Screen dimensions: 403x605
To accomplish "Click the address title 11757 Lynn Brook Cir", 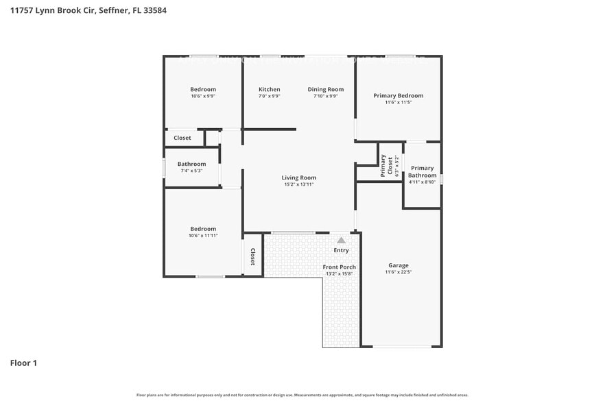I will click(x=88, y=11).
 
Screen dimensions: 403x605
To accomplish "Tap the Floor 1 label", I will click(x=23, y=363).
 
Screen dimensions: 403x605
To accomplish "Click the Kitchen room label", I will click(x=269, y=90).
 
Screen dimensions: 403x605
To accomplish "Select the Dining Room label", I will click(x=325, y=90).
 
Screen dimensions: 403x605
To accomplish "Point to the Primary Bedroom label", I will click(x=398, y=95).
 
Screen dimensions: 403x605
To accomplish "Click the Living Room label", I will click(x=300, y=178).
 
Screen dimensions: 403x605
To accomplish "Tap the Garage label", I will click(x=398, y=265).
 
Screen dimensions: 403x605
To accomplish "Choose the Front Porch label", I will click(x=339, y=267).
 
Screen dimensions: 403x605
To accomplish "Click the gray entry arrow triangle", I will click(x=341, y=240).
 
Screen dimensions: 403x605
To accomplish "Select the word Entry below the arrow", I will click(x=341, y=250).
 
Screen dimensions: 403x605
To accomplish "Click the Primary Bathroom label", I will click(x=423, y=171).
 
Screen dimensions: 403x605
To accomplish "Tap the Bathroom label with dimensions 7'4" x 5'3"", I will click(x=191, y=164).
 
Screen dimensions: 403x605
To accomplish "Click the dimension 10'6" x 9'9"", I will click(x=203, y=96).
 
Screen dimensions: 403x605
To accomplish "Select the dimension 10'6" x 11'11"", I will click(x=203, y=236).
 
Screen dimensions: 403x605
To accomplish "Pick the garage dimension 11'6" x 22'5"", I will click(x=398, y=272).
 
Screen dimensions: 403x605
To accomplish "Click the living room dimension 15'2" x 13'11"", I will click(x=300, y=184).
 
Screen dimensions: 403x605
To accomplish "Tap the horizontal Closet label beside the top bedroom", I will click(x=182, y=138).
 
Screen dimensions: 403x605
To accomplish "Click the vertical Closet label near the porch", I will click(x=252, y=257).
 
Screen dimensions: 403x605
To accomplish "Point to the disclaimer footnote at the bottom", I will click(x=302, y=395).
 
